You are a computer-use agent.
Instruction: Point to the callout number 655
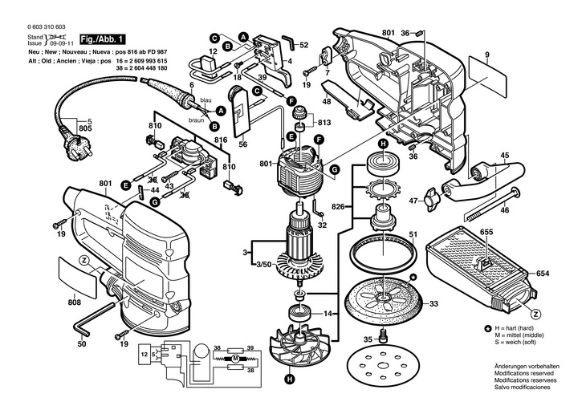[486, 232]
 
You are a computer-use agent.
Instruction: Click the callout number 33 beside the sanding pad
[433, 304]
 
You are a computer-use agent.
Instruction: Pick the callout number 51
[412, 235]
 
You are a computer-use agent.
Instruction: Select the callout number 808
[75, 303]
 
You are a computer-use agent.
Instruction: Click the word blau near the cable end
[206, 100]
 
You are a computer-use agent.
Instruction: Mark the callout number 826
[339, 207]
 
